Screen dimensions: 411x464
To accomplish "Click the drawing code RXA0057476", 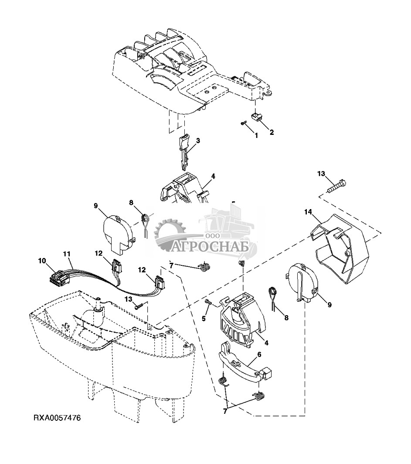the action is pyautogui.click(x=57, y=418).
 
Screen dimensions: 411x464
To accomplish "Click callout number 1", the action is pyautogui.click(x=256, y=135).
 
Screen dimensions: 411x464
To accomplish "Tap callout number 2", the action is pyautogui.click(x=272, y=132).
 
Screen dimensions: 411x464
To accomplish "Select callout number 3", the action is pyautogui.click(x=198, y=141).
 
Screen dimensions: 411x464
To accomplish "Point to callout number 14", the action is pyautogui.click(x=308, y=212).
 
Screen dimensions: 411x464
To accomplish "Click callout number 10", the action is pyautogui.click(x=42, y=261).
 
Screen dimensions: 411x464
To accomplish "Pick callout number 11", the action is pyautogui.click(x=67, y=254).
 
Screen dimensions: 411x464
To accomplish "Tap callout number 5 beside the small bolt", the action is pyautogui.click(x=204, y=319).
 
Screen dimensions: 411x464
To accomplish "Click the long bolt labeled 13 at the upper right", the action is pyautogui.click(x=336, y=187).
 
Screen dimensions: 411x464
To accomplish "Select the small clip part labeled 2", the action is pyautogui.click(x=257, y=116).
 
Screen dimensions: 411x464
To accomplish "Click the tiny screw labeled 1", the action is pyautogui.click(x=243, y=123).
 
